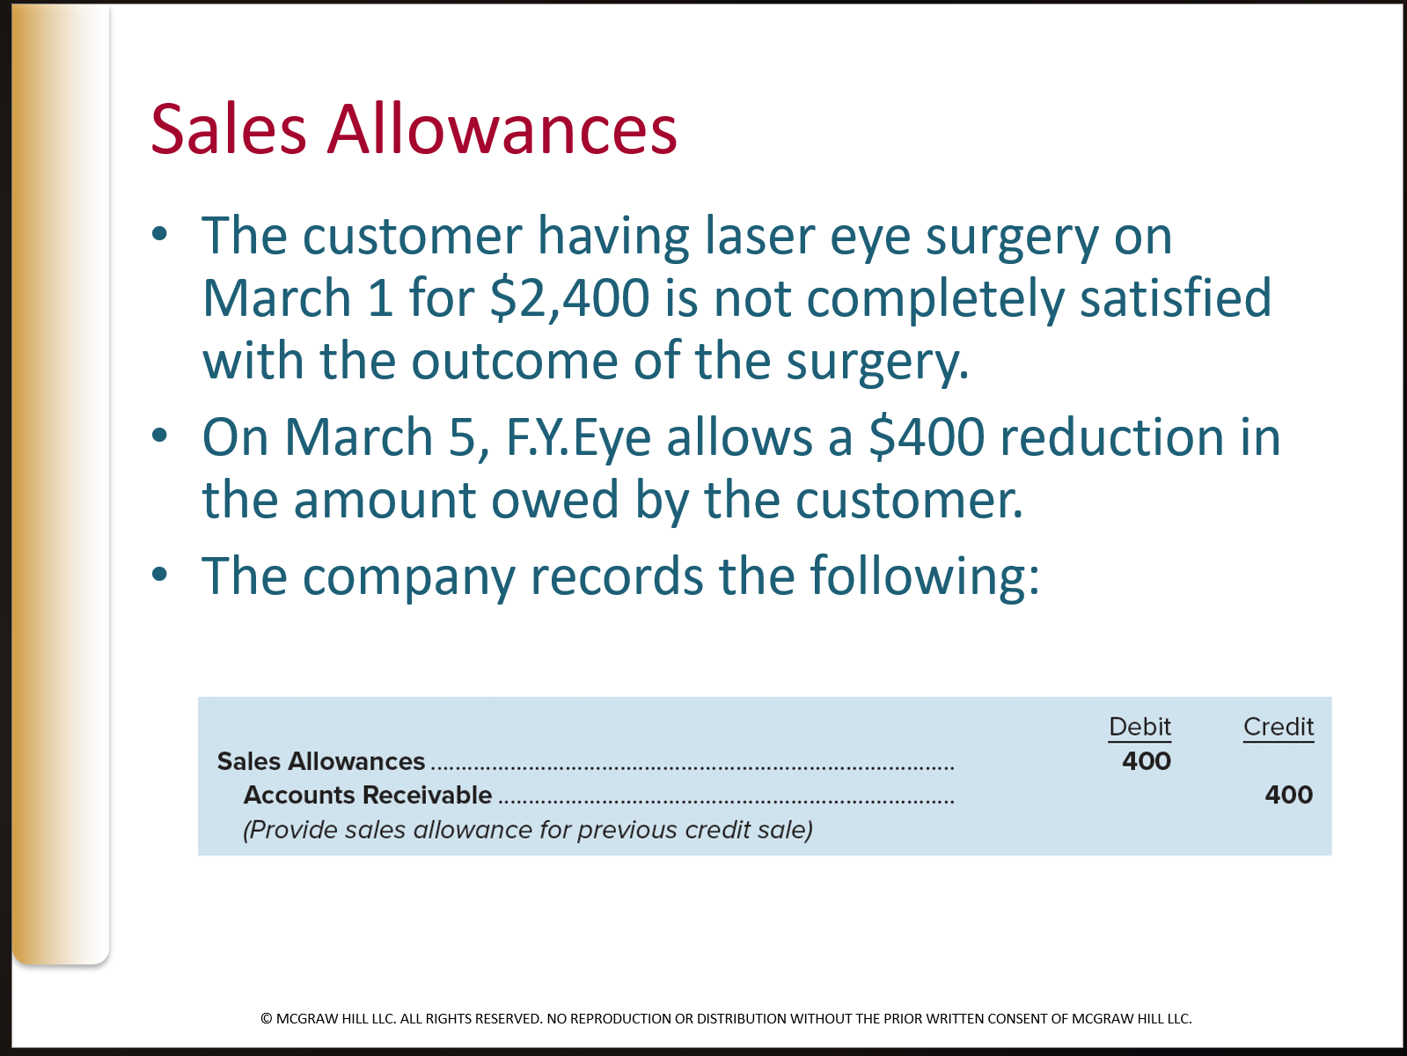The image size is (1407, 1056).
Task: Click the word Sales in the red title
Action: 228,129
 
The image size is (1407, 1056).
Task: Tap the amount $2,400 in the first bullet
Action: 569,297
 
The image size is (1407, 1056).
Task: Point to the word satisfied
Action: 1176,297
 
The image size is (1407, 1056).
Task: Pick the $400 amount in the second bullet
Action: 927,437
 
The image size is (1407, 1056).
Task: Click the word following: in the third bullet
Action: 924,576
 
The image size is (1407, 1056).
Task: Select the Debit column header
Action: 1140,727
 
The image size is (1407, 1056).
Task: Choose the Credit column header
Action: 1278,727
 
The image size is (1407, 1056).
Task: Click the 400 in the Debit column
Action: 1146,761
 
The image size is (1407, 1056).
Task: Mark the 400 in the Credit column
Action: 1288,795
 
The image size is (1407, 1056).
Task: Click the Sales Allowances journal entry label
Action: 321,761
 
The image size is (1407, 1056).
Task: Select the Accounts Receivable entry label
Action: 368,795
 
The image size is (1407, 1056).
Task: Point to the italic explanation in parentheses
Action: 528,830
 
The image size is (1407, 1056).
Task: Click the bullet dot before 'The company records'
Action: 159,575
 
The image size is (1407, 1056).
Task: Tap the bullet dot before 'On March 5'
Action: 159,436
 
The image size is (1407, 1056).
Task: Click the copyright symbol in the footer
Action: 267,1019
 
